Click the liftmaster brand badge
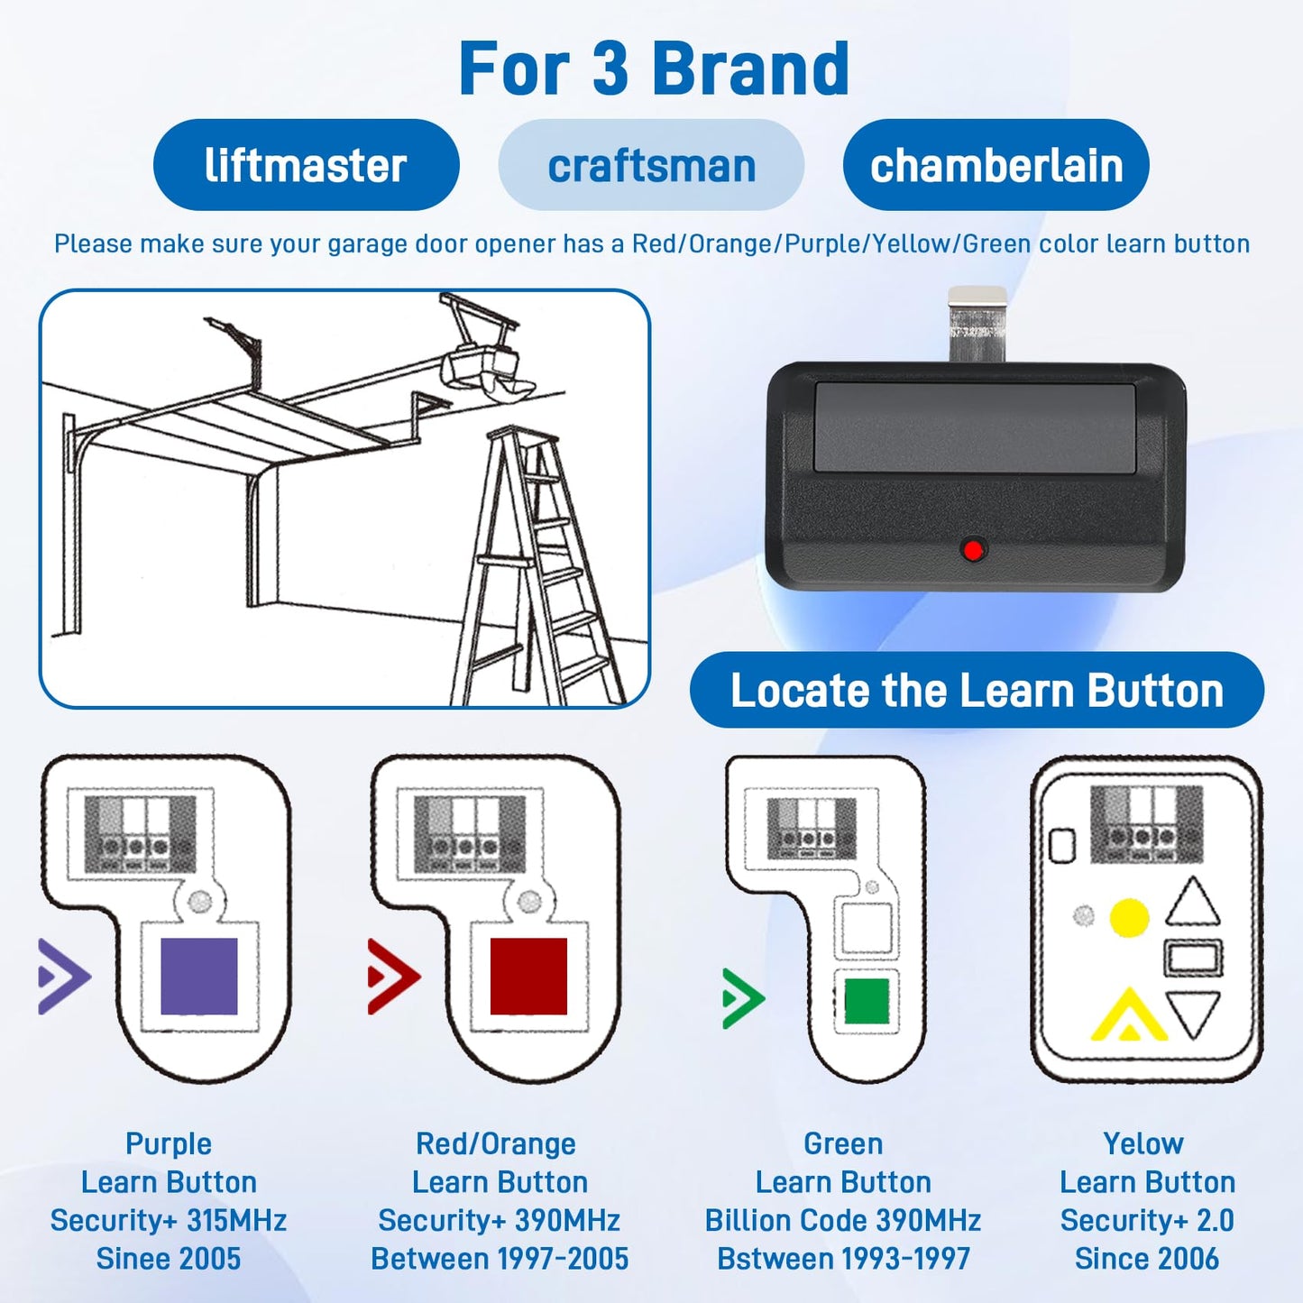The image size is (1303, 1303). coord(306,165)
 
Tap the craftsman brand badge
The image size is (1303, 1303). coord(651,165)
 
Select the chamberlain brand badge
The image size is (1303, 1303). coord(996,165)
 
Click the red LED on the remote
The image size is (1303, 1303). coord(973,549)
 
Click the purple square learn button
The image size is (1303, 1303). coord(198,977)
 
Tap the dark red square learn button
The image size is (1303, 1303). coord(528,977)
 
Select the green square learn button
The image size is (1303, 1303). coord(867,1001)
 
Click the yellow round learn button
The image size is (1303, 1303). coord(1128,918)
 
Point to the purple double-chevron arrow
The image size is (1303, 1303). coord(63,977)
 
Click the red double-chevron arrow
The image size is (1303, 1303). coord(393,977)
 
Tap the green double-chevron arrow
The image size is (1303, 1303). coord(743,998)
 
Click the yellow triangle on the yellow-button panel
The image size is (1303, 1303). coord(1127,1016)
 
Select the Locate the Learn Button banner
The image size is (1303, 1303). coord(977,691)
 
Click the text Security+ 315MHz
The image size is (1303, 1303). coord(169,1220)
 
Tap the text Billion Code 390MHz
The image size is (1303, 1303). coord(843,1220)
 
